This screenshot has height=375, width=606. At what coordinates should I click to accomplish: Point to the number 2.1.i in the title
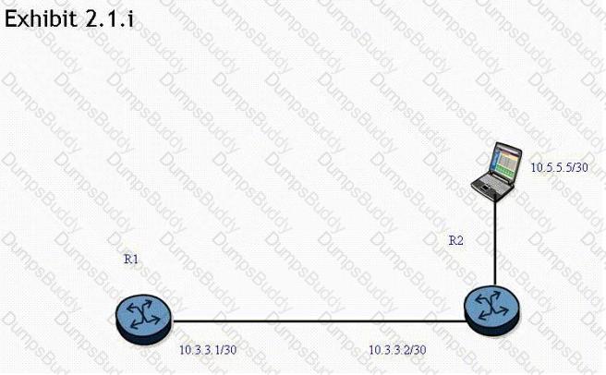[x=109, y=18]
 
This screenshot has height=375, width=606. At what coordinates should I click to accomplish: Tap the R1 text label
[x=131, y=260]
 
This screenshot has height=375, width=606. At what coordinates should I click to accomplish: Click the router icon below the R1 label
[x=143, y=315]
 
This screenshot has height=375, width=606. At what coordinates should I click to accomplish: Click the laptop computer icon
[x=495, y=168]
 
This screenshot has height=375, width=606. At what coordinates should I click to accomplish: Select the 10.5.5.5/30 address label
[x=559, y=167]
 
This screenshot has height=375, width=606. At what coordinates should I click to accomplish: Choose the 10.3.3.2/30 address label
[x=397, y=349]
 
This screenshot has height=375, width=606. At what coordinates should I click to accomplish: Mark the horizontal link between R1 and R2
[x=314, y=321]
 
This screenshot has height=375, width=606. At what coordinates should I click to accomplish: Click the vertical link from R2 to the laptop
[x=495, y=240]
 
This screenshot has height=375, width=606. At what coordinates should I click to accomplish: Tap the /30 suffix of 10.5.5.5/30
[x=577, y=167]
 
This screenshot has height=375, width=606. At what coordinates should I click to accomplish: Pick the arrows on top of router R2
[x=491, y=303]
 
